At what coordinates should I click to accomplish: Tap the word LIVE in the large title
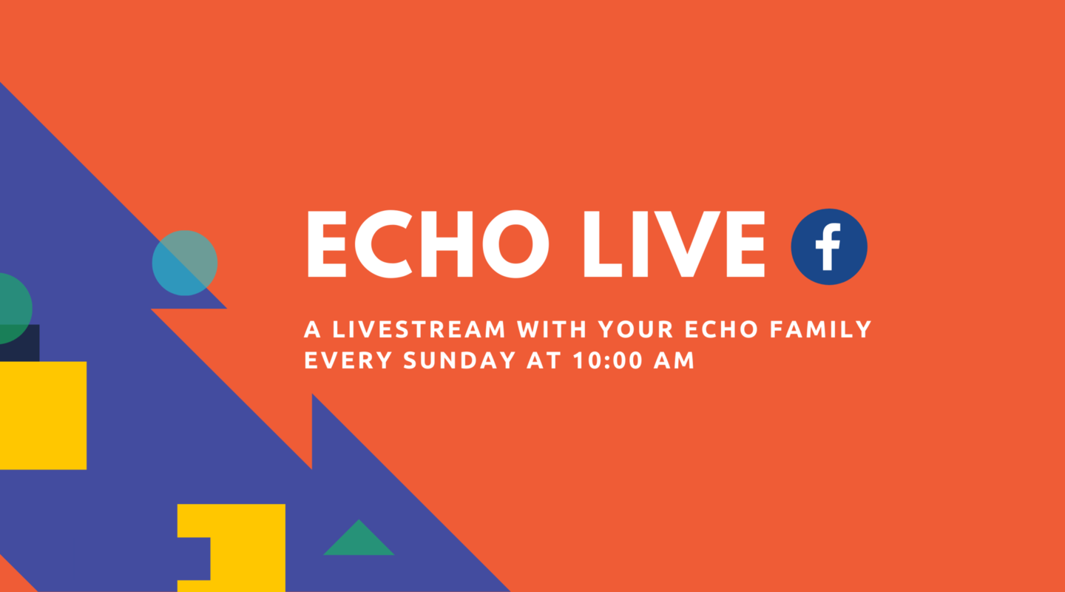click(x=673, y=244)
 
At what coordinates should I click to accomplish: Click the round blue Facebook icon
click(x=828, y=247)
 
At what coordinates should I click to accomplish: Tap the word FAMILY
click(x=819, y=329)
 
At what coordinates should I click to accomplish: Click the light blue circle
click(x=185, y=263)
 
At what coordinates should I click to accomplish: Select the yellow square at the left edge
click(x=43, y=415)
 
